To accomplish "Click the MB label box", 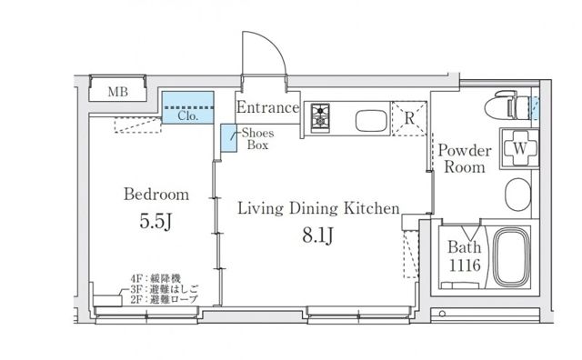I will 118,92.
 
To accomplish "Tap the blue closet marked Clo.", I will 187,107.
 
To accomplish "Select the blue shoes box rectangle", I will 229,138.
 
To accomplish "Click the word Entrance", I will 267,108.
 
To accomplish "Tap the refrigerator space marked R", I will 408,117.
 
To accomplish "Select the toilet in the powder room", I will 508,107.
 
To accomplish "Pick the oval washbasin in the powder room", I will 517,193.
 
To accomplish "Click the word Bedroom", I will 156,194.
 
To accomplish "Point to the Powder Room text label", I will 465,158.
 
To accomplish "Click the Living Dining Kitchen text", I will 318,209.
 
